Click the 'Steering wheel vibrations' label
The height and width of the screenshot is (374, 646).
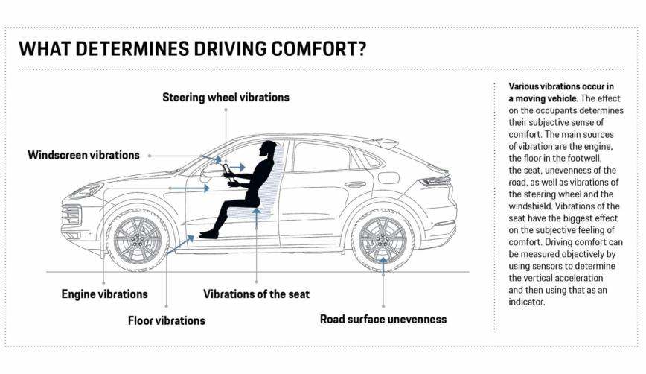[226, 98]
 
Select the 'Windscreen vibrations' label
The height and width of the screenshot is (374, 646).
[83, 155]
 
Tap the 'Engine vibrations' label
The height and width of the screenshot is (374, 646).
[105, 294]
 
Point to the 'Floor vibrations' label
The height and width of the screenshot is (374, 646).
[167, 320]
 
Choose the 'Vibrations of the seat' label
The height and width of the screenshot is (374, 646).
[256, 294]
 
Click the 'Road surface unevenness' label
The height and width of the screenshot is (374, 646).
[383, 319]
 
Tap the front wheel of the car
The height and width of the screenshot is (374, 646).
[138, 241]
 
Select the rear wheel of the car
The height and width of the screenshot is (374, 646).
[383, 241]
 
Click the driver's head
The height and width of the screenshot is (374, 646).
[268, 148]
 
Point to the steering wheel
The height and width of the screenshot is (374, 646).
[228, 171]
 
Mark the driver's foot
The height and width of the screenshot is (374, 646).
[209, 234]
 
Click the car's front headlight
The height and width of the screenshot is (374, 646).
[86, 191]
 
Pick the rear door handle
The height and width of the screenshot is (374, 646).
[355, 184]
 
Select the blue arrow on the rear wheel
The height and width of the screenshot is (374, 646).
[383, 267]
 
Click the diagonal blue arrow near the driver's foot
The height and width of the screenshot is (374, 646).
[180, 244]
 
